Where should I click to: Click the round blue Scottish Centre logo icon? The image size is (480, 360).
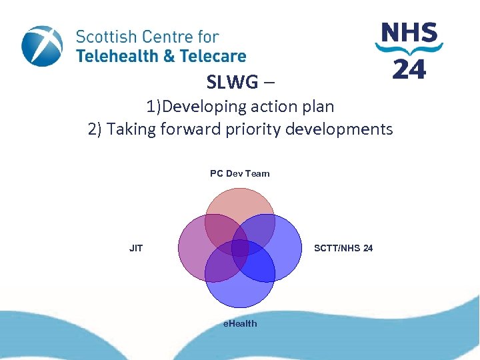click(x=42, y=46)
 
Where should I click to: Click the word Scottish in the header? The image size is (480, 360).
click(x=107, y=37)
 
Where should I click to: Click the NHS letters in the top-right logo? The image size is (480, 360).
click(x=409, y=33)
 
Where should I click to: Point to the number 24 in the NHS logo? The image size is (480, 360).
click(x=409, y=69)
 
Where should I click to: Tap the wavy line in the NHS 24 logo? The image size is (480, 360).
click(x=409, y=49)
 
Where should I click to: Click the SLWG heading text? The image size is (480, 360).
click(x=231, y=82)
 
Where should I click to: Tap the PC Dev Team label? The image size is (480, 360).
click(x=240, y=173)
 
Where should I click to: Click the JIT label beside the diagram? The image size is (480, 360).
click(x=136, y=248)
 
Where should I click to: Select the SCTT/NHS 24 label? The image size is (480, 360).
click(x=343, y=248)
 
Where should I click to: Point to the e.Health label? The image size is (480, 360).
click(x=240, y=323)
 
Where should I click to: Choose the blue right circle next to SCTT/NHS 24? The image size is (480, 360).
click(x=283, y=248)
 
